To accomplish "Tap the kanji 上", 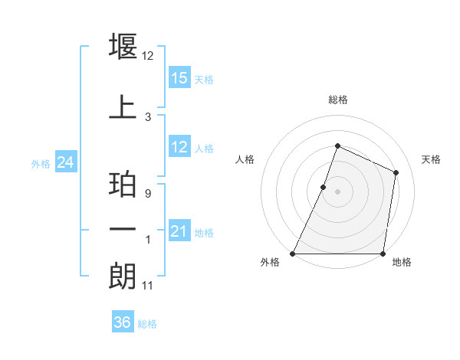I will pos(123,107).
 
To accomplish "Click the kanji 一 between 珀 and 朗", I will pos(123,231).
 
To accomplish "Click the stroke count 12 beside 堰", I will pos(149,56).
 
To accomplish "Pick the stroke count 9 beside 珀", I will pos(148,195).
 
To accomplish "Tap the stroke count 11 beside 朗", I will pos(149,286).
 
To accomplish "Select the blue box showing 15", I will pos(179,77).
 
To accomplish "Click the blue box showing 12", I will pos(179,146).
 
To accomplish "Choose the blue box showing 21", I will pos(179,231).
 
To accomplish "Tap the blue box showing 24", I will pos(66,162).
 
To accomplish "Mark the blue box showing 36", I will pos(122,322).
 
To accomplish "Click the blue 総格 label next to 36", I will pos(147,324).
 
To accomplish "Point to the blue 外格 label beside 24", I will pos(41,164).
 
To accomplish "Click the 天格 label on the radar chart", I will pos(431,159).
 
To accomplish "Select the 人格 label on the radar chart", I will pos(245,159).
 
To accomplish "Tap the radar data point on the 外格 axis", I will pos(293,253).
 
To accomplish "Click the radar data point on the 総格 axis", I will pos(337,146).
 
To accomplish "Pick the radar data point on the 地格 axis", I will pos(383,253).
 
